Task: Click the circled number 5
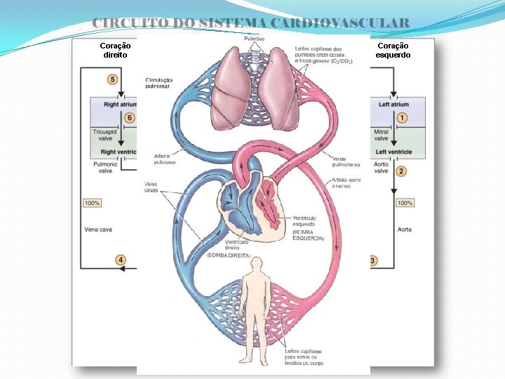(x=112, y=79)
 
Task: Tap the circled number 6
(x=128, y=117)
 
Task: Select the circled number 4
(x=121, y=260)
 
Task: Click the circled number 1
(x=402, y=117)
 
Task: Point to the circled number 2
(x=401, y=171)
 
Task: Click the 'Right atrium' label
(x=120, y=105)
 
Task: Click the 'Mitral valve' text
(x=381, y=135)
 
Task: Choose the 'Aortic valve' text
(x=382, y=166)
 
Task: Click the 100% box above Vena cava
(x=92, y=203)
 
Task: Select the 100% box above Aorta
(x=405, y=203)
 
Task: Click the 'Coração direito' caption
(x=116, y=50)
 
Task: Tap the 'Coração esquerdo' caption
(x=393, y=50)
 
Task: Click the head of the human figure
(x=257, y=264)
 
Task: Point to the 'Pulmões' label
(x=254, y=38)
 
